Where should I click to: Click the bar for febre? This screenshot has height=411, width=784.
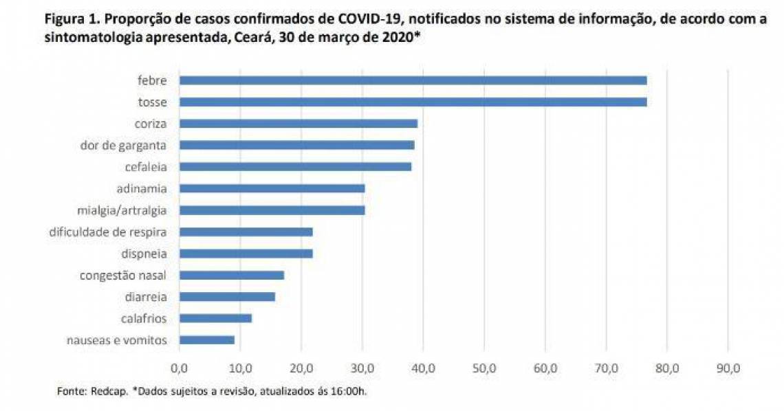413,80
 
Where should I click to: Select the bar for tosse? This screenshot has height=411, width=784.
413,102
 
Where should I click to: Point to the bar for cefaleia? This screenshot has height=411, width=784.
295,166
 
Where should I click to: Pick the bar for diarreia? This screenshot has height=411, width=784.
227,297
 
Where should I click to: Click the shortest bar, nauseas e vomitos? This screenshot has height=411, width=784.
206,340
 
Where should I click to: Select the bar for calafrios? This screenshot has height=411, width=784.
215,318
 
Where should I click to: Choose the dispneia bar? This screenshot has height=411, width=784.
246,254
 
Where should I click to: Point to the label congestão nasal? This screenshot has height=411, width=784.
123,276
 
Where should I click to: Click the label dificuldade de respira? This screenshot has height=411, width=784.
108,232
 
